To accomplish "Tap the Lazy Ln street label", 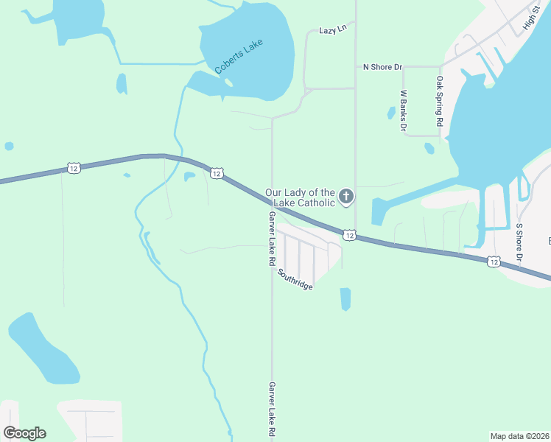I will (x=332, y=30).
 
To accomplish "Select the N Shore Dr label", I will (x=382, y=67).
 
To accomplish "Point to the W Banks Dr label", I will (x=404, y=110).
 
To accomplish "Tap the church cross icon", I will (x=346, y=197).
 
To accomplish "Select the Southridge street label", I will (x=295, y=279).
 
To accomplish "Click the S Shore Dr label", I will (x=519, y=244).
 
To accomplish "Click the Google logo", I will (x=24, y=432).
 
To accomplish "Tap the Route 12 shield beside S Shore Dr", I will (x=494, y=261).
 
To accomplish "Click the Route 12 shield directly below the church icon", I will (x=349, y=234).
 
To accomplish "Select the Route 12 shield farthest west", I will (x=73, y=168).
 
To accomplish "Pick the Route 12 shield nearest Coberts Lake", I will (x=216, y=173).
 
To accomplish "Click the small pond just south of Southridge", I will (x=345, y=298).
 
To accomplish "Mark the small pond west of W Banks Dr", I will (x=390, y=113).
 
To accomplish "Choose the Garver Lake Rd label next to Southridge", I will (x=272, y=239).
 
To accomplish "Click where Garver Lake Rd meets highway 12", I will (x=273, y=207).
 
